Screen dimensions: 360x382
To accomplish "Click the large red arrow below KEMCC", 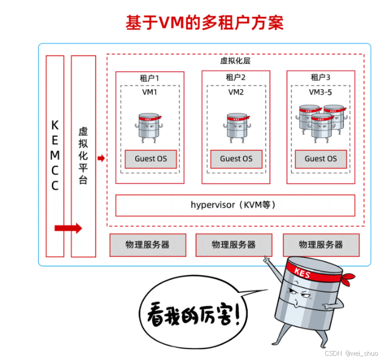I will point(68,228).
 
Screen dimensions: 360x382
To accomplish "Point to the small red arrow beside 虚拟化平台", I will point(101,159).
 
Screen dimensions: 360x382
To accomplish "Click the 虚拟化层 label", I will point(235,61).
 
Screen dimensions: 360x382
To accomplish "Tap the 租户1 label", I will point(150,77).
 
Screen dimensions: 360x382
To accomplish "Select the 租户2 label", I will point(236,77).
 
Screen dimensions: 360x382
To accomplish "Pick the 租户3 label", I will point(320,77).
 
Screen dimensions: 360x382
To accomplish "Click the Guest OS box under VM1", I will point(150,159).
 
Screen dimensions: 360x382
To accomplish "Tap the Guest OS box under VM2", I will point(236,159).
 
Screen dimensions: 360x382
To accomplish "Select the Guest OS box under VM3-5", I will point(320,159).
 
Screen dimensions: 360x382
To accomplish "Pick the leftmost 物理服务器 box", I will point(147,245).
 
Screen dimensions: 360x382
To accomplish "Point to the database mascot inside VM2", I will point(236,127).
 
